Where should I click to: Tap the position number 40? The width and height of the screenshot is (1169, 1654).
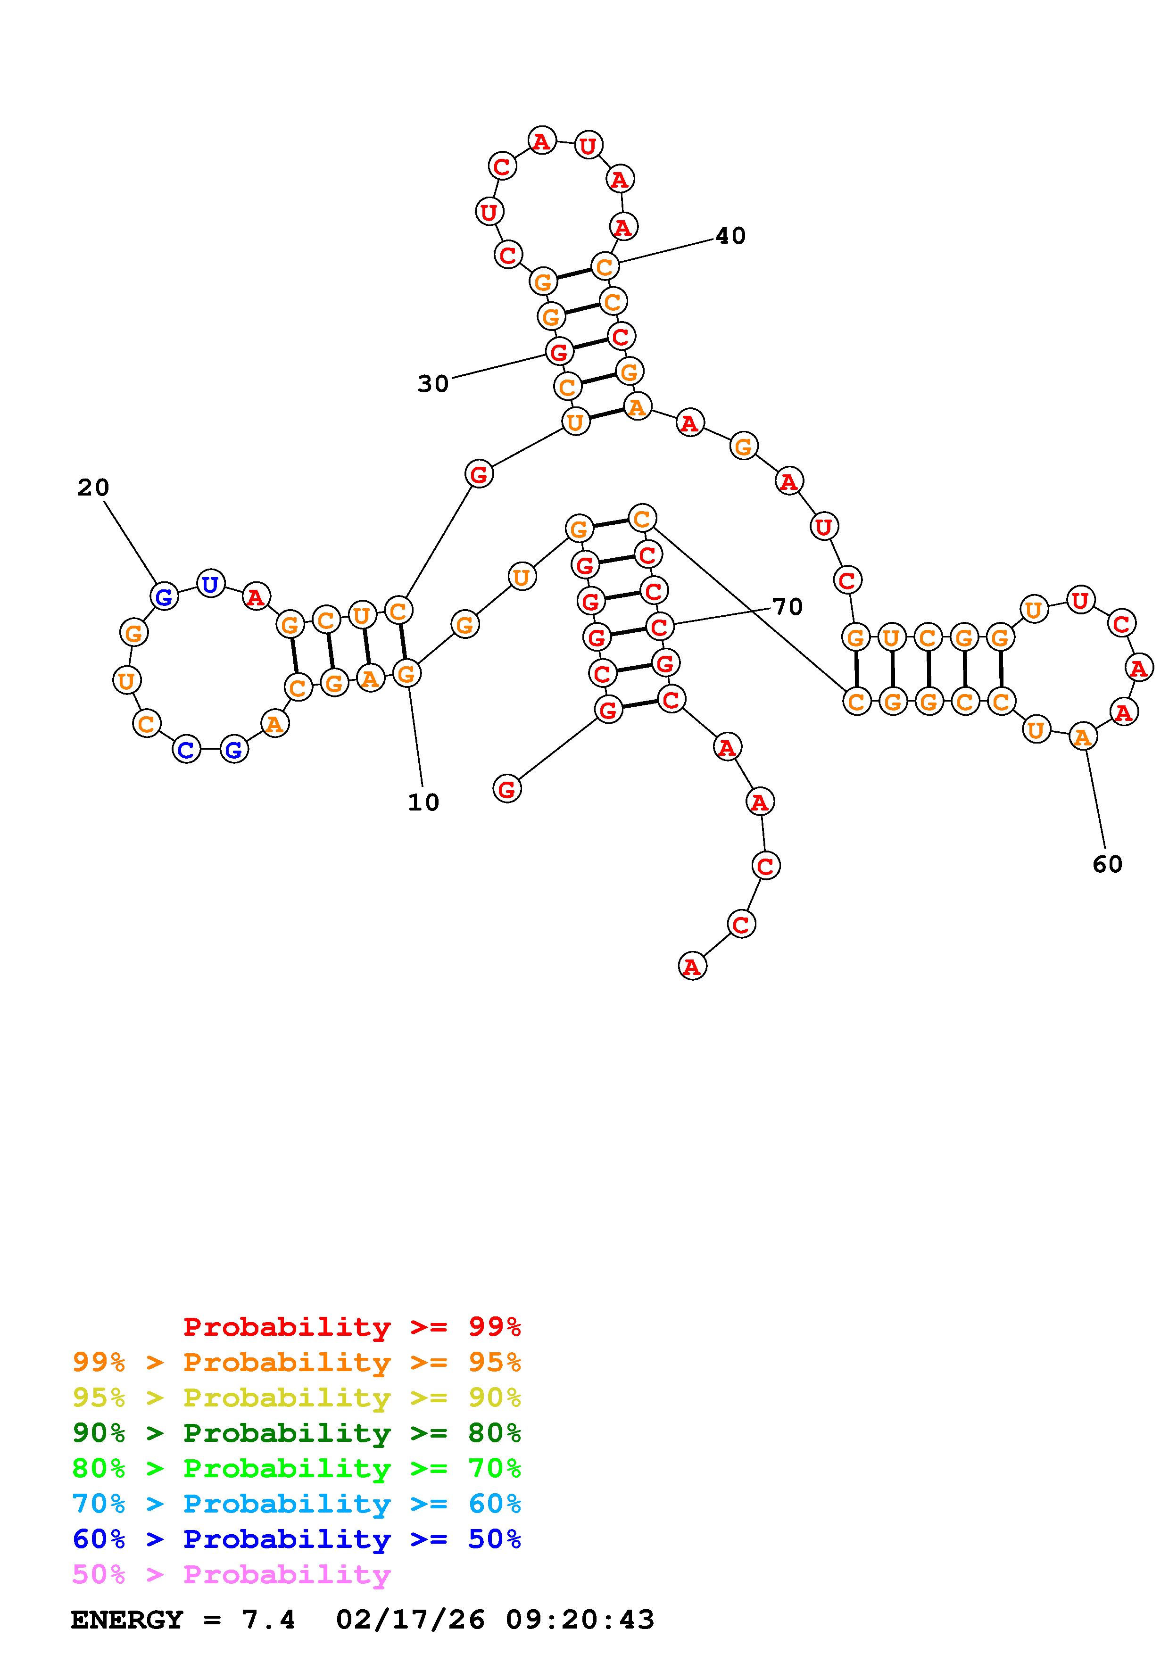(730, 236)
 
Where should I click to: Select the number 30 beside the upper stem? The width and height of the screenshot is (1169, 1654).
(433, 384)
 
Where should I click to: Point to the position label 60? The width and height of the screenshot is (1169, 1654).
(1107, 864)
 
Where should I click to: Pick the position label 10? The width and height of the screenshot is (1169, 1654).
(423, 802)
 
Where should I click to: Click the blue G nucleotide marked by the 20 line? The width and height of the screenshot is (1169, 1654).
(164, 596)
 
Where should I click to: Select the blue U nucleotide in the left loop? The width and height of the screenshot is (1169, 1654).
(210, 584)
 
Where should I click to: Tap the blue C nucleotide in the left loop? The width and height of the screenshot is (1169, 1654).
(187, 750)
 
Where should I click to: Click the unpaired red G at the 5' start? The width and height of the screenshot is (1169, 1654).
(507, 789)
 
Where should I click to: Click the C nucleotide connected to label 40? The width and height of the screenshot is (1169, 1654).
(605, 266)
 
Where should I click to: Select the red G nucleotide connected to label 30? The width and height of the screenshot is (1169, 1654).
(559, 352)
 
